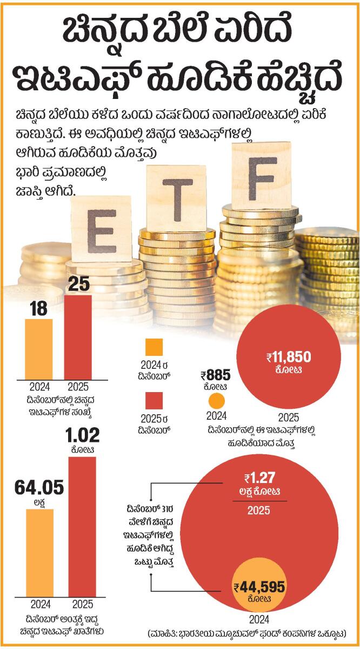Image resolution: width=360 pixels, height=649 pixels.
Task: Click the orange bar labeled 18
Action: pyautogui.click(x=39, y=349)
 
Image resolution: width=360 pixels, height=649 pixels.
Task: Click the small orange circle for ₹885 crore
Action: pyautogui.click(x=216, y=401)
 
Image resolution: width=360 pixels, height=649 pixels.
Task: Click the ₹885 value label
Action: pyautogui.click(x=216, y=375)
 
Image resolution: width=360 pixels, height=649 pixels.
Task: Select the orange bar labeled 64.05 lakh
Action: pyautogui.click(x=40, y=552)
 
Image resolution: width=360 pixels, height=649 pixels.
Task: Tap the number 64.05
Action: pyautogui.click(x=40, y=488)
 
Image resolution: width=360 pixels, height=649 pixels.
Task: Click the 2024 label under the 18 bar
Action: pyautogui.click(x=39, y=387)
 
